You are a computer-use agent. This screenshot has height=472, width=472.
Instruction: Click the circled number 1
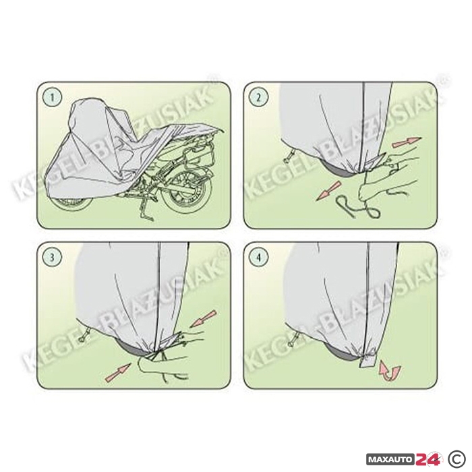click(x=53, y=97)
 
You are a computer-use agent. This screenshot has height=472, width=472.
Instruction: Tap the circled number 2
click(x=259, y=97)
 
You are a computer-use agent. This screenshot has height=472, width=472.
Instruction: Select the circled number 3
click(x=53, y=258)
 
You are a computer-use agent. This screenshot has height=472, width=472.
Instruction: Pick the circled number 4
click(x=259, y=258)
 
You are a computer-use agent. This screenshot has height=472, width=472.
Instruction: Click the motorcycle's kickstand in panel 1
click(x=146, y=210)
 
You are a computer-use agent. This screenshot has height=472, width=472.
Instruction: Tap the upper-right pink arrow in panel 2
click(x=407, y=142)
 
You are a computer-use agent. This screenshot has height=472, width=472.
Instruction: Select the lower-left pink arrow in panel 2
click(x=329, y=191)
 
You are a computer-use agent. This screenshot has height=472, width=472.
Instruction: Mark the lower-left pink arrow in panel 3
click(x=118, y=373)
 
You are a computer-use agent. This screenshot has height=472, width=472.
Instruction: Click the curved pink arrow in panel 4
click(x=390, y=370)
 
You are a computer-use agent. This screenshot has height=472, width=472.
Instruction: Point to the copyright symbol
click(x=458, y=459)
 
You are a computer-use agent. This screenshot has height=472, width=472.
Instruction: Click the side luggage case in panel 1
click(x=197, y=156)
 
